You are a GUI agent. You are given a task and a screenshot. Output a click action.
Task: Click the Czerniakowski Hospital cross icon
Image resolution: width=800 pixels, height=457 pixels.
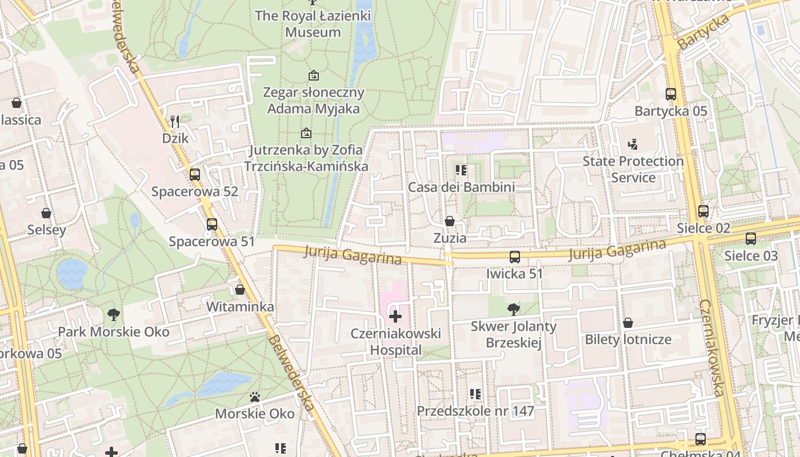tap(395, 316)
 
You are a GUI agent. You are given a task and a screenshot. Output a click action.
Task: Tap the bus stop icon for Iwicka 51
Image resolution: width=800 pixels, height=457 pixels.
tap(514, 257)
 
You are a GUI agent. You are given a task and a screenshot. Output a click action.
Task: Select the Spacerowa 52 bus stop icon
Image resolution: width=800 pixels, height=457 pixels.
tap(195, 175)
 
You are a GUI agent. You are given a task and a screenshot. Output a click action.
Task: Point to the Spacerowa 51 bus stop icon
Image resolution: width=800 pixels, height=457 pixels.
tap(212, 225)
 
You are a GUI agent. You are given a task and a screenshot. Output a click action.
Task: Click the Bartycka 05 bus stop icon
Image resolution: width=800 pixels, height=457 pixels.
tap(671, 94)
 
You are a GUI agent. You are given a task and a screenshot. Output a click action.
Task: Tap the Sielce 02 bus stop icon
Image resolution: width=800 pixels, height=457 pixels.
tap(703, 211)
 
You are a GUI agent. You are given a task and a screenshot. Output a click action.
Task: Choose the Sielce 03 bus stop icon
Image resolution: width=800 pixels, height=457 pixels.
tap(751, 239)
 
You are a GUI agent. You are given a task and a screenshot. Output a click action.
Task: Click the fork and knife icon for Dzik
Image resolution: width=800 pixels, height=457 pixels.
tap(175, 122)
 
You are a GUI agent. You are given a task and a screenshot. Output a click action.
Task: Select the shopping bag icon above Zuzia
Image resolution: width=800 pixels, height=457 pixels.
tap(450, 221)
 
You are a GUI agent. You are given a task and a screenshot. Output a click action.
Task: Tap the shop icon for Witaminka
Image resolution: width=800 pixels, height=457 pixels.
tap(240, 290)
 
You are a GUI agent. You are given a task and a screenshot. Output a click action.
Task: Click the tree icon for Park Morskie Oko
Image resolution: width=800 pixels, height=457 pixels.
tap(114, 314)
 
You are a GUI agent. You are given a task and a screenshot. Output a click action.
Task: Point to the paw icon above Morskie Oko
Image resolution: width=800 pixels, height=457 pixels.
tap(255, 396)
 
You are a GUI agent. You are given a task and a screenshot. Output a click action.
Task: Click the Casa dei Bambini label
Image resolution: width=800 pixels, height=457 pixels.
tap(461, 187)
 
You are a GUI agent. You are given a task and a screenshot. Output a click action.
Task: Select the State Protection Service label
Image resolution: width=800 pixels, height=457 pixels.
tap(633, 169)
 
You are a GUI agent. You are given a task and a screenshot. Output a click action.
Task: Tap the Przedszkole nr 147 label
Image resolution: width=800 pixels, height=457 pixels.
tap(475, 411)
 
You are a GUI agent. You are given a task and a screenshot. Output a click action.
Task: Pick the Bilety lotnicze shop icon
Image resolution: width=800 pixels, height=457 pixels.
tap(628, 323)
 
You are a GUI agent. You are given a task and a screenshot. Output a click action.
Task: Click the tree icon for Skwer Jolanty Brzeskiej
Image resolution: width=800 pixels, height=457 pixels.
tap(514, 310)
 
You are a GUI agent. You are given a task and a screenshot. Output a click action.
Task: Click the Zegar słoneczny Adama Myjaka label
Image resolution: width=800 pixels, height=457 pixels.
tap(313, 100)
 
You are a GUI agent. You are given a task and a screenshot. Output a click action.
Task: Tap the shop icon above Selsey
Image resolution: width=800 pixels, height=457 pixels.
tap(46, 213)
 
